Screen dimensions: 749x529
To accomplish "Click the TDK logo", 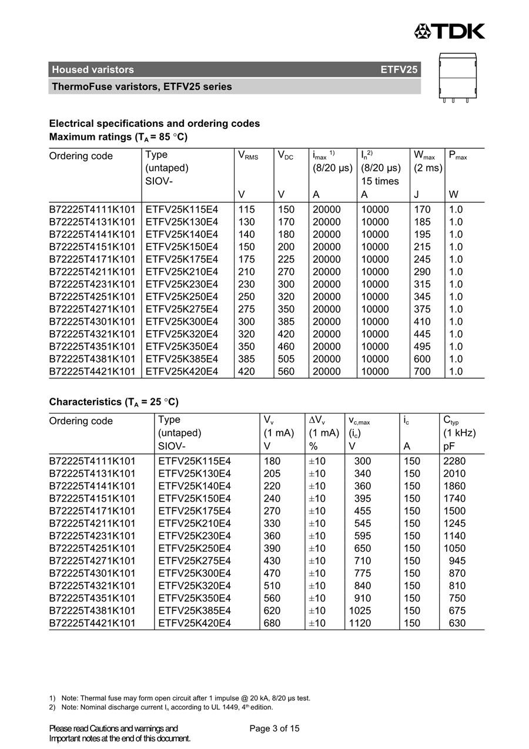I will point(450,31).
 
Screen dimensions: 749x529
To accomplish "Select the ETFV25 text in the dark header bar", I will point(399,69).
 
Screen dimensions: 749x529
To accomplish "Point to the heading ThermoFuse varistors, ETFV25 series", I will point(142,87).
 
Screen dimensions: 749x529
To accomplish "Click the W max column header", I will point(424,156).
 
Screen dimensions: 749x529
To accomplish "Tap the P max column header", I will point(458,156).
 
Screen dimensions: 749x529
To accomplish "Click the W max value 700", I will point(422,371).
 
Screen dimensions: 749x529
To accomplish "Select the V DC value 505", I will point(286,359).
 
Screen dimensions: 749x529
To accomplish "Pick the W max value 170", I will point(422,210).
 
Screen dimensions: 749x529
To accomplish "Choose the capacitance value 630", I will point(457,623).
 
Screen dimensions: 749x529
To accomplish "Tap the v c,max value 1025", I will point(360,611).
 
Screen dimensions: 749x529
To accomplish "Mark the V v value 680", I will point(272,623).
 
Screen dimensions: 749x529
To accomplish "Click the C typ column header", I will point(451,421).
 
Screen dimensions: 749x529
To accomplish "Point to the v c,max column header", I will point(359,421).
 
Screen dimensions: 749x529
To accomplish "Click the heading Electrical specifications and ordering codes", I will point(155,123).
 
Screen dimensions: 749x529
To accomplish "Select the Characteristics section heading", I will point(113,402).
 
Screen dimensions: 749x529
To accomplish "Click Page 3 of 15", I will point(274,728).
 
